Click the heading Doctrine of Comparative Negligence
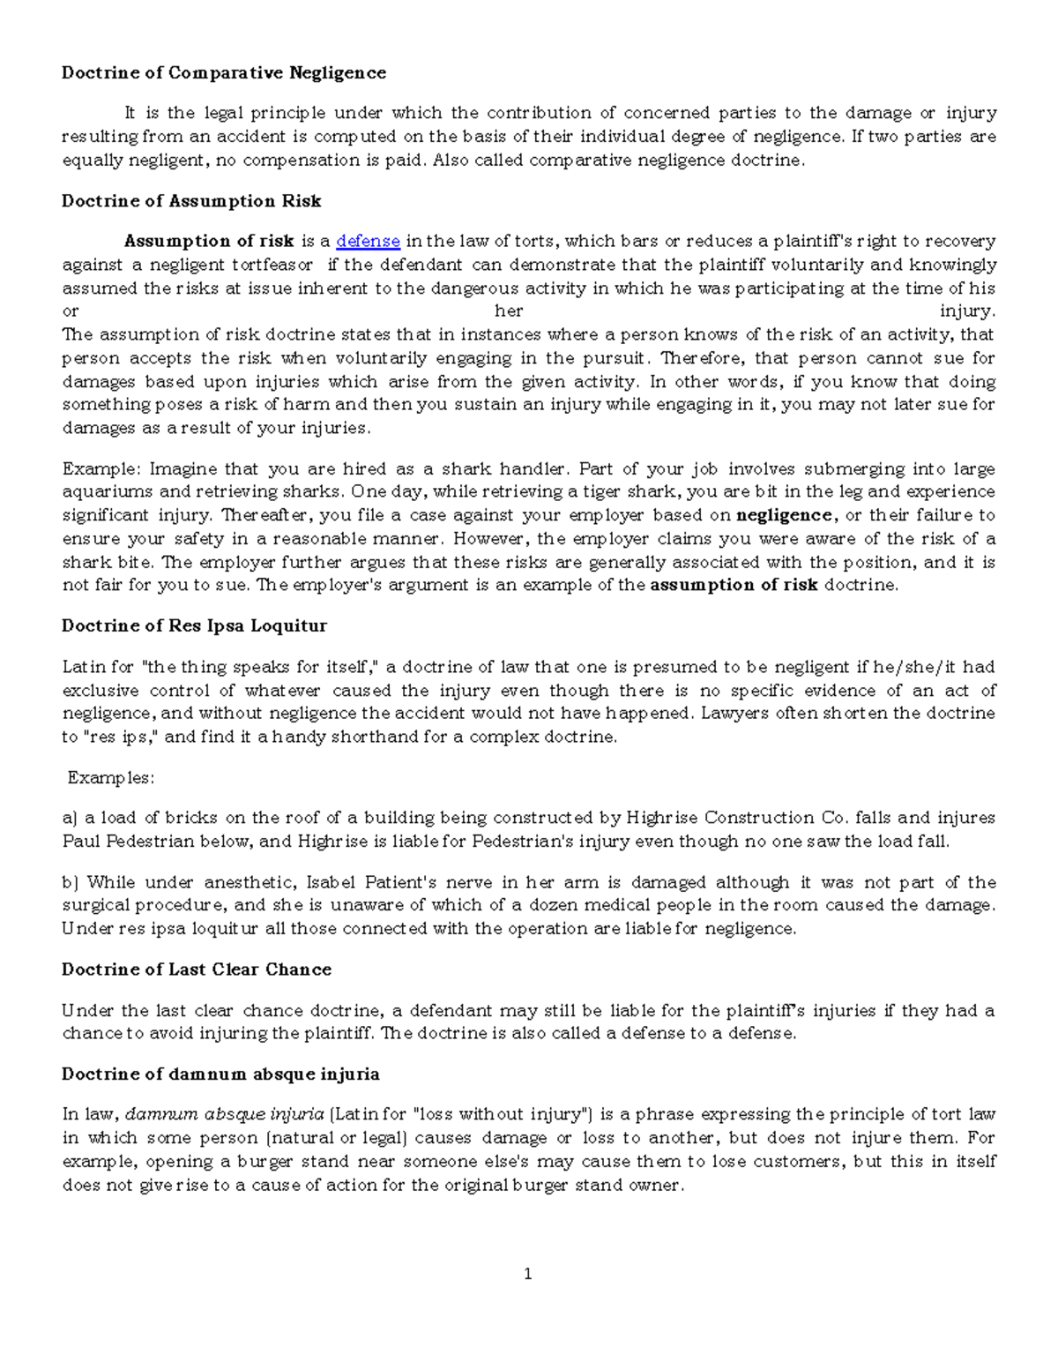tap(223, 72)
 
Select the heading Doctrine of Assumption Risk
tap(190, 201)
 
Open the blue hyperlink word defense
tap(369, 241)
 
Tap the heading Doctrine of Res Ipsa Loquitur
tap(194, 625)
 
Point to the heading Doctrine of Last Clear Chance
tap(196, 969)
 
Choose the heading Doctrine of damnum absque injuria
tap(220, 1074)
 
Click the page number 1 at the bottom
tap(528, 1273)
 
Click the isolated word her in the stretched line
tap(509, 311)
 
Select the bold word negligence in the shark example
tap(783, 515)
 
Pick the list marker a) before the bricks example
tap(70, 818)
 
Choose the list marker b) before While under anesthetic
tap(71, 882)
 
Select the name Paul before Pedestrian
tap(81, 842)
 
